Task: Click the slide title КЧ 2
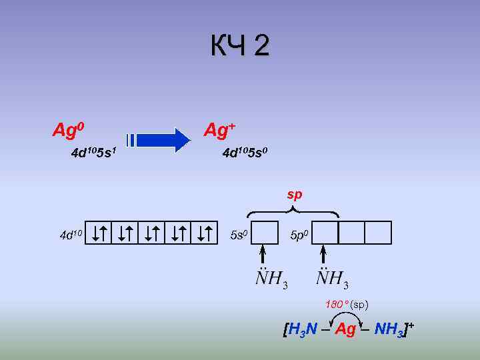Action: pyautogui.click(x=240, y=47)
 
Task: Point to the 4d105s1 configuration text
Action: pyautogui.click(x=94, y=154)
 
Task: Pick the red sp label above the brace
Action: pyautogui.click(x=294, y=195)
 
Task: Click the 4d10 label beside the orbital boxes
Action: pyautogui.click(x=71, y=234)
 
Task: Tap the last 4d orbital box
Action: pyautogui.click(x=205, y=233)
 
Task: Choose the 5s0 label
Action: pyautogui.click(x=238, y=235)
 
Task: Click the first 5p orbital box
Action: pyautogui.click(x=325, y=233)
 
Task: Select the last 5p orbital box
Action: pyautogui.click(x=378, y=233)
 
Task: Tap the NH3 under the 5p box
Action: pyautogui.click(x=332, y=278)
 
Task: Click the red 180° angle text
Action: pyautogui.click(x=337, y=304)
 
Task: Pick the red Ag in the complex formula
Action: pyautogui.click(x=346, y=329)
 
